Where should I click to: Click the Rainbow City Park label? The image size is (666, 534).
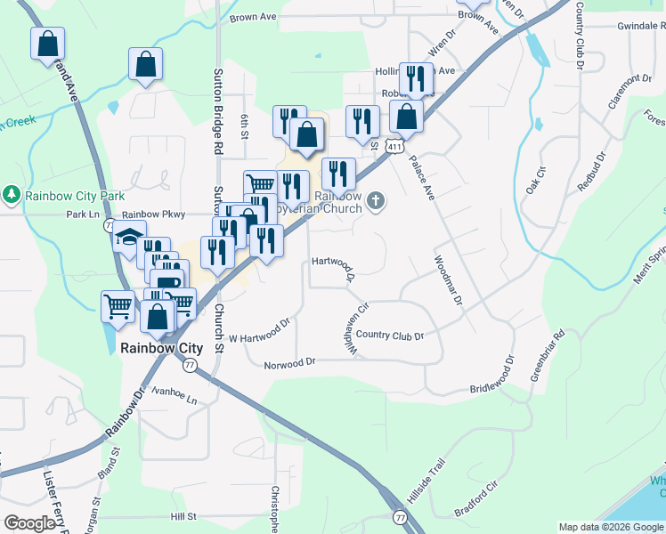pyautogui.click(x=69, y=195)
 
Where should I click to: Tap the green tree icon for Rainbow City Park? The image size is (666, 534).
pyautogui.click(x=12, y=194)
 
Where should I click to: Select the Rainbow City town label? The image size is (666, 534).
pyautogui.click(x=161, y=349)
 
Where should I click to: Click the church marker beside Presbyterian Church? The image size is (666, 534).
pyautogui.click(x=376, y=200)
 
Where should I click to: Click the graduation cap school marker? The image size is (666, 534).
pyautogui.click(x=128, y=238)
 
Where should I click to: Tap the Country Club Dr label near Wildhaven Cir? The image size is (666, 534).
pyautogui.click(x=389, y=336)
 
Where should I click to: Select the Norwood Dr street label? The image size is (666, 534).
pyautogui.click(x=290, y=364)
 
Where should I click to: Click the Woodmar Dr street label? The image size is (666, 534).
pyautogui.click(x=448, y=281)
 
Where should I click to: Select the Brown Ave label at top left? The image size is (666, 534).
pyautogui.click(x=254, y=17)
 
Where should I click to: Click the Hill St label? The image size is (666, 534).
pyautogui.click(x=183, y=516)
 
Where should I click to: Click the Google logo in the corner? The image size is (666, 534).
pyautogui.click(x=29, y=523)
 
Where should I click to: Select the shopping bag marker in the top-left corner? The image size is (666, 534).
pyautogui.click(x=46, y=44)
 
